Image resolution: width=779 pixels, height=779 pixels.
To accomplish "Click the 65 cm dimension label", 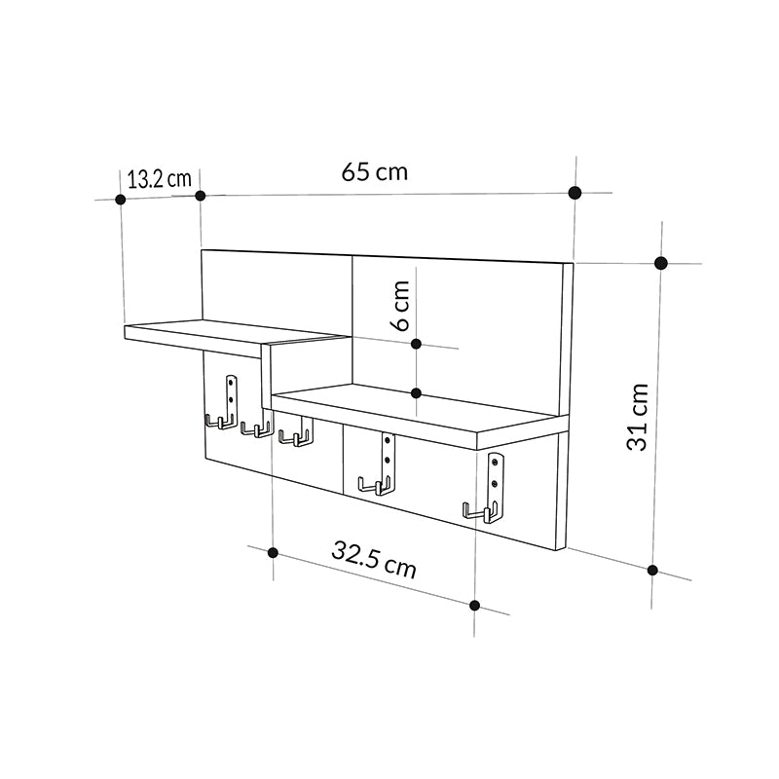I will [x=375, y=173].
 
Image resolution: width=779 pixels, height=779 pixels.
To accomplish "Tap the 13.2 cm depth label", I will [x=159, y=178].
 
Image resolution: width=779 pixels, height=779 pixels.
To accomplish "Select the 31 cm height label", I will [x=638, y=416].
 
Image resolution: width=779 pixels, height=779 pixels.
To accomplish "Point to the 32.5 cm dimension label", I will [x=374, y=562].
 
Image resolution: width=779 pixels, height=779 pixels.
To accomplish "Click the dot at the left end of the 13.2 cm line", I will [x=121, y=200].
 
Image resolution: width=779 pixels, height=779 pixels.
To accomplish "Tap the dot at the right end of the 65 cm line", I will [x=575, y=192].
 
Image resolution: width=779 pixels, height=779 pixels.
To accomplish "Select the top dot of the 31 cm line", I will [x=661, y=263].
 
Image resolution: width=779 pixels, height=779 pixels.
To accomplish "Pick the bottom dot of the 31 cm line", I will [x=653, y=571].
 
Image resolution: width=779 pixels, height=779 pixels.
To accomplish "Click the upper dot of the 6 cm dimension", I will [x=416, y=344].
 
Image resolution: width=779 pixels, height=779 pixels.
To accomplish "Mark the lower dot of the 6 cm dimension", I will [x=416, y=393].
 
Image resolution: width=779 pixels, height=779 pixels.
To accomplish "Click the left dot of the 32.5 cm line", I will [x=274, y=553].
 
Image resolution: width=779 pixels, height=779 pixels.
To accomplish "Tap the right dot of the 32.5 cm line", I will [x=474, y=605].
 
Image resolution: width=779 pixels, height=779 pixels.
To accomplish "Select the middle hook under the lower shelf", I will [x=379, y=467].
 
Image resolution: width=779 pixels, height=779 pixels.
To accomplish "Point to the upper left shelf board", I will [x=234, y=336].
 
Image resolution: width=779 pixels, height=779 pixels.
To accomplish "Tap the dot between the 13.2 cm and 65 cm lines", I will [x=201, y=196].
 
